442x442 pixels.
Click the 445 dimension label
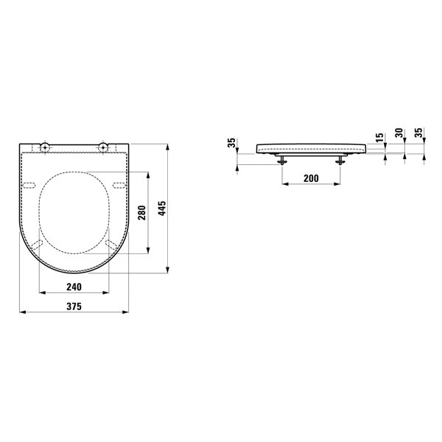(162, 208)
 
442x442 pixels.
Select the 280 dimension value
(141, 213)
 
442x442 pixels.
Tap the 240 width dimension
(74, 287)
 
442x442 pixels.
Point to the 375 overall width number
(74, 306)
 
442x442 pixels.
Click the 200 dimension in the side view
(311, 178)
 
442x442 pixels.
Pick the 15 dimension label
(380, 137)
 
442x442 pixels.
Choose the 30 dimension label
(399, 133)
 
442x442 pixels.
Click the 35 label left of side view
(231, 143)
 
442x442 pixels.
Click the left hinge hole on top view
(44, 147)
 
